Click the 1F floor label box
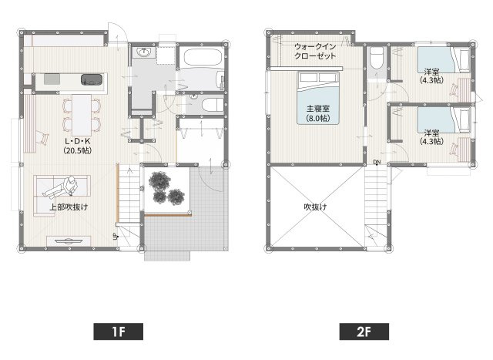[x=118, y=331]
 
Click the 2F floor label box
[x=364, y=331]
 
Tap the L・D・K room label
[x=77, y=141]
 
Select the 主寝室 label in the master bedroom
[x=318, y=109]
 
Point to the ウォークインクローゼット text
[x=315, y=52]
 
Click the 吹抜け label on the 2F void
[x=315, y=207]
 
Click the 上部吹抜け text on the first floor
[x=69, y=207]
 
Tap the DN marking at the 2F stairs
[x=377, y=162]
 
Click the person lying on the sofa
[x=61, y=187]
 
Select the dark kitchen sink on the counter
[x=92, y=79]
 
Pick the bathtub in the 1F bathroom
[x=203, y=57]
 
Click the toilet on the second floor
[x=376, y=58]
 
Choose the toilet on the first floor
[x=212, y=105]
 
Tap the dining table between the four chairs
[x=82, y=115]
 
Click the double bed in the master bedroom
[x=318, y=98]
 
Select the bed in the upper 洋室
[x=444, y=60]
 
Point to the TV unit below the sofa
[x=69, y=241]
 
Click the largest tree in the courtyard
[x=159, y=181]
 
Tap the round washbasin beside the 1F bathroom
[x=144, y=52]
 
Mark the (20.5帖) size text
[x=77, y=150]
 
